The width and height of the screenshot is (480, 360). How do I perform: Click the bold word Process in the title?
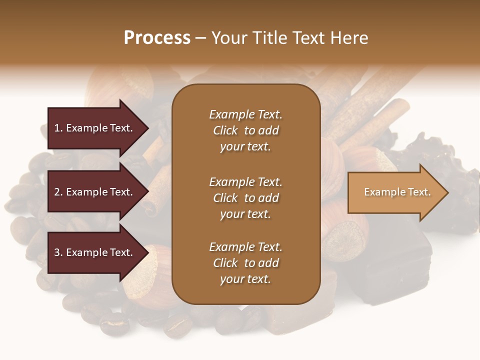tap(157, 38)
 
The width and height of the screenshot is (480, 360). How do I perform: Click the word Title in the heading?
tap(270, 38)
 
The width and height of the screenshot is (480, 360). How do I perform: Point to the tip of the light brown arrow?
tap(447, 192)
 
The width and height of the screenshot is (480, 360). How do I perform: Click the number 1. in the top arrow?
tap(58, 128)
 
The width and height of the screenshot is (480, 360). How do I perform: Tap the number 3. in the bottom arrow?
tap(58, 252)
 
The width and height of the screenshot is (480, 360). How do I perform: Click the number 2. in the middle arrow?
tap(58, 192)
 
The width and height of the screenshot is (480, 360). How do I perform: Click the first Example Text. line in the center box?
tap(245, 114)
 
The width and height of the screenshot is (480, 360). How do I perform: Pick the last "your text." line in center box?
tap(245, 279)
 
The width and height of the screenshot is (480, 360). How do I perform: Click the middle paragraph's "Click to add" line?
tap(245, 198)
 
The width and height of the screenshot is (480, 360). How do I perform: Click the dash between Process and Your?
tap(201, 38)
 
